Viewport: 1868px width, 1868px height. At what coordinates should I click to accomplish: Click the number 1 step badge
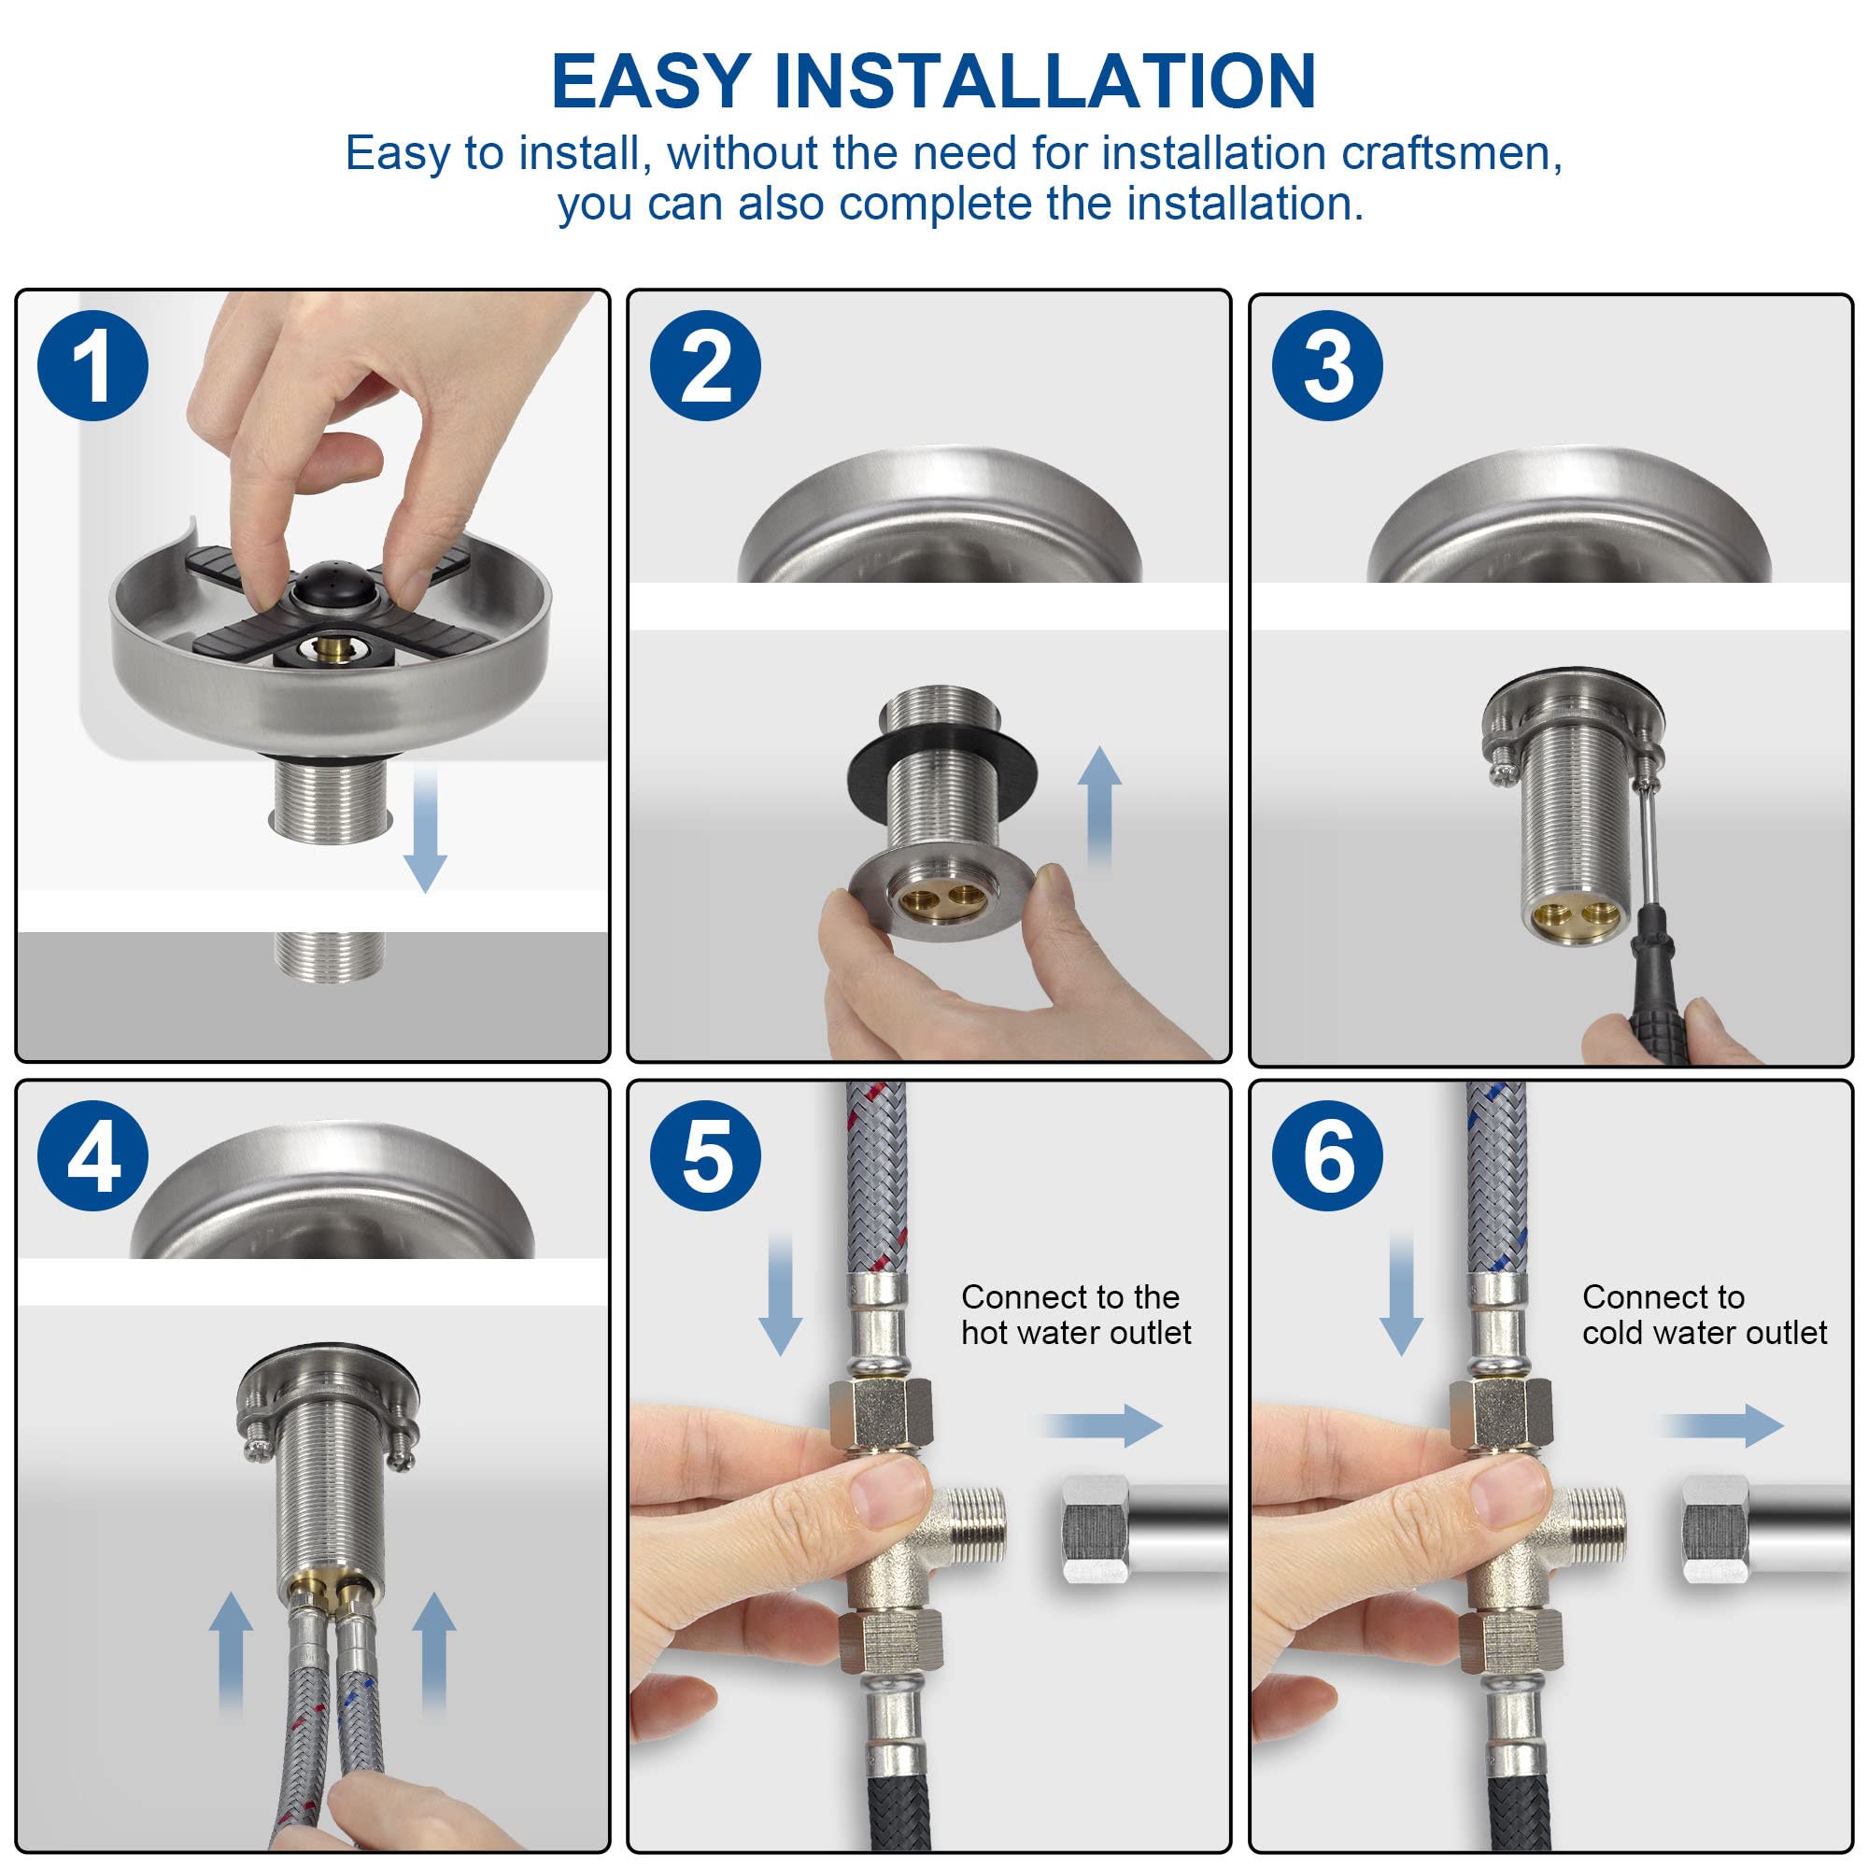pyautogui.click(x=92, y=366)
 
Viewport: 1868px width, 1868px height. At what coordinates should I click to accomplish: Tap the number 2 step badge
pyautogui.click(x=706, y=366)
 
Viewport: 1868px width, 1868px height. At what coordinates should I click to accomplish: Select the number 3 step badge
pyautogui.click(x=1327, y=366)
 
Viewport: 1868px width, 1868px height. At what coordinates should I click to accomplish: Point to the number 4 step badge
pyautogui.click(x=92, y=1156)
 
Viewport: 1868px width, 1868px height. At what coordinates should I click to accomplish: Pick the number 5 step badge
pyautogui.click(x=706, y=1156)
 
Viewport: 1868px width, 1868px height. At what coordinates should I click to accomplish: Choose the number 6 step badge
pyautogui.click(x=1327, y=1156)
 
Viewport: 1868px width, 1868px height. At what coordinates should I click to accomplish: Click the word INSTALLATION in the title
pyautogui.click(x=1045, y=81)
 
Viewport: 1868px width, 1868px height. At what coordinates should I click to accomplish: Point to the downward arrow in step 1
pyautogui.click(x=424, y=829)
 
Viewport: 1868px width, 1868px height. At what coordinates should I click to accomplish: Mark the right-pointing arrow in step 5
pyautogui.click(x=1101, y=1425)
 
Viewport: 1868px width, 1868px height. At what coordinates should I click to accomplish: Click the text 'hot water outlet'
pyautogui.click(x=1076, y=1334)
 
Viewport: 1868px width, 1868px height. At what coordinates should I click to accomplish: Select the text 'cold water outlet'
pyautogui.click(x=1705, y=1334)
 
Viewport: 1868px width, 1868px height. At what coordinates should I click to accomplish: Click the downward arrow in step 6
pyautogui.click(x=1401, y=1294)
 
